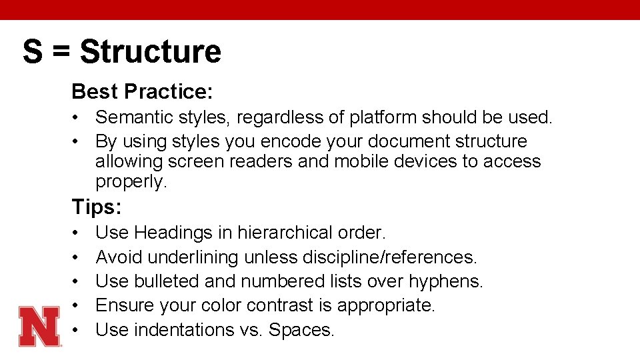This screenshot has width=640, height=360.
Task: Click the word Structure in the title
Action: (151, 51)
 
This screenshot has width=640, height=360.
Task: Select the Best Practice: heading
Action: (142, 91)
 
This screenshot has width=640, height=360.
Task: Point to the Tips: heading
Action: (97, 207)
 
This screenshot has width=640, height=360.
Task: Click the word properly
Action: (131, 181)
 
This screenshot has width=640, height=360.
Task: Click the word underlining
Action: (193, 257)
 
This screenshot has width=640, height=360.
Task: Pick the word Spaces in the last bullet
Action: (301, 330)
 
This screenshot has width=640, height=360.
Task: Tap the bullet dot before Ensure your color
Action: (77, 305)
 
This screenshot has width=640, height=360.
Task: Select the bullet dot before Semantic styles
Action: (77, 118)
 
